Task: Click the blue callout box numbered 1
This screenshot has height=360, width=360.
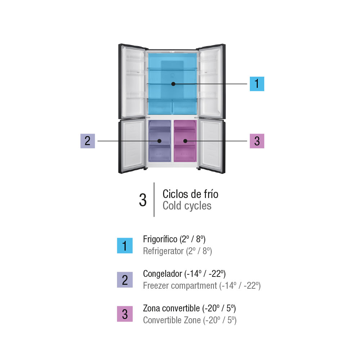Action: click(257, 84)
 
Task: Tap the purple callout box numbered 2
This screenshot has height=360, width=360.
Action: click(87, 141)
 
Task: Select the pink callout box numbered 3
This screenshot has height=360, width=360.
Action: click(257, 141)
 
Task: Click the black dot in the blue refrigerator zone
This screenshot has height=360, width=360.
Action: click(174, 84)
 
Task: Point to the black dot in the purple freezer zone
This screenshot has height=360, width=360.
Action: click(159, 141)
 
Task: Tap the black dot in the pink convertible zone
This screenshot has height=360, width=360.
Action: click(185, 141)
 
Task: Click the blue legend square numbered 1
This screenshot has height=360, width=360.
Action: click(125, 246)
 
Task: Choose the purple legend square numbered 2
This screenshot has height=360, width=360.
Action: click(125, 280)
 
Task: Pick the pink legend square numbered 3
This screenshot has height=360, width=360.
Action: click(125, 314)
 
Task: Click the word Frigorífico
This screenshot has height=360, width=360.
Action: click(160, 239)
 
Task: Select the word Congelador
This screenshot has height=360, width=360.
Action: click(163, 274)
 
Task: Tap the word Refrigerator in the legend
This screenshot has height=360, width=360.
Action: click(163, 251)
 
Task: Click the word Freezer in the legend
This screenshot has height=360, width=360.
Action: click(156, 285)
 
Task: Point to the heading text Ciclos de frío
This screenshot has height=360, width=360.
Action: click(190, 194)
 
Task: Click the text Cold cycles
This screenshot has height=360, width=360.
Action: click(187, 206)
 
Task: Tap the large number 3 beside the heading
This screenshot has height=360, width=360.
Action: click(143, 200)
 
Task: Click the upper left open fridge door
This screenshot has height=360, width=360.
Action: click(132, 81)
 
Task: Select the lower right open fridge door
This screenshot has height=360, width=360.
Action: click(212, 146)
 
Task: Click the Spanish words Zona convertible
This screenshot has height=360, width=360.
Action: click(171, 309)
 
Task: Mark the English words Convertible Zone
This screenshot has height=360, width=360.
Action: click(172, 320)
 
